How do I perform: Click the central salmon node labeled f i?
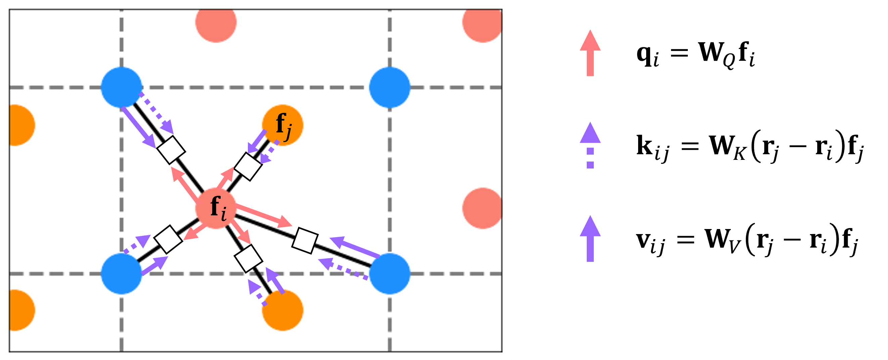(216, 208)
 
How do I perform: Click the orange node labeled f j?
(283, 125)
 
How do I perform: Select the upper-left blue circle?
(121, 87)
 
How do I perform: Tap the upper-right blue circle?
(390, 87)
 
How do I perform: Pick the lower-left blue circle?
(121, 273)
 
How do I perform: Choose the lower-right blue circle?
(390, 273)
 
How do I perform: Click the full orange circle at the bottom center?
(283, 310)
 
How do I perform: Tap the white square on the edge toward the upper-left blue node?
(171, 150)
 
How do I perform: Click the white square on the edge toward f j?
(248, 166)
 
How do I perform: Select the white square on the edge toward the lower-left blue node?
(168, 239)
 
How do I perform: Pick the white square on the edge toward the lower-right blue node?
(305, 241)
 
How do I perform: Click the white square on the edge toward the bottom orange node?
(248, 259)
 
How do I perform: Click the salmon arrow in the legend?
(590, 53)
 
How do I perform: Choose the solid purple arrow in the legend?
(590, 239)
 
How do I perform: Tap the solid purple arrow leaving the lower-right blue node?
(355, 247)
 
